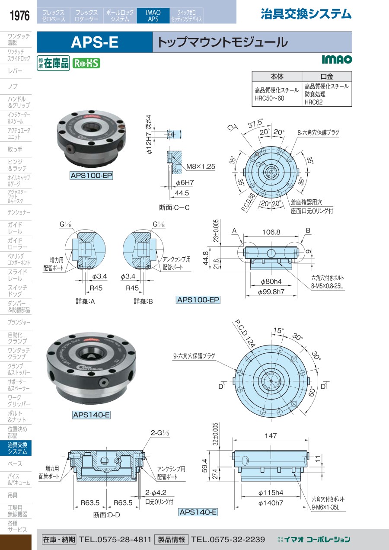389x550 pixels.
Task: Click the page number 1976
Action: (19, 16)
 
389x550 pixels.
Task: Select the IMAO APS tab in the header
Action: (153, 16)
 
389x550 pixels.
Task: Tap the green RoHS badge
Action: (86, 63)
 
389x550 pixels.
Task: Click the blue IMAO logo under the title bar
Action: (337, 59)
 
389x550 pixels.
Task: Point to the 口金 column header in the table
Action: (327, 76)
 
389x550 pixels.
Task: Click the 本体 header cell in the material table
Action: (277, 76)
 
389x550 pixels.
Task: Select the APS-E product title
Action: (94, 42)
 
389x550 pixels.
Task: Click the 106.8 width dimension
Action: (271, 232)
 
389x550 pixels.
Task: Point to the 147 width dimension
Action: (271, 436)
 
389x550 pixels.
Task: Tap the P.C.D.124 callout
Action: (244, 333)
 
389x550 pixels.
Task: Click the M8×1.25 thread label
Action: (201, 166)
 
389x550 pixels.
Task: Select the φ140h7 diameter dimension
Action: (271, 502)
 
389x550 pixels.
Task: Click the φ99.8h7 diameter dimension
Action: (271, 292)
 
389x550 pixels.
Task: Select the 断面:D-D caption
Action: (106, 515)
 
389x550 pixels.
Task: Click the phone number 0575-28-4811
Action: (115, 539)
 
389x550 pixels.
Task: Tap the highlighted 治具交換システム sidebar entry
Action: (17, 448)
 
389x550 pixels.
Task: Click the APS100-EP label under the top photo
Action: (91, 176)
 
